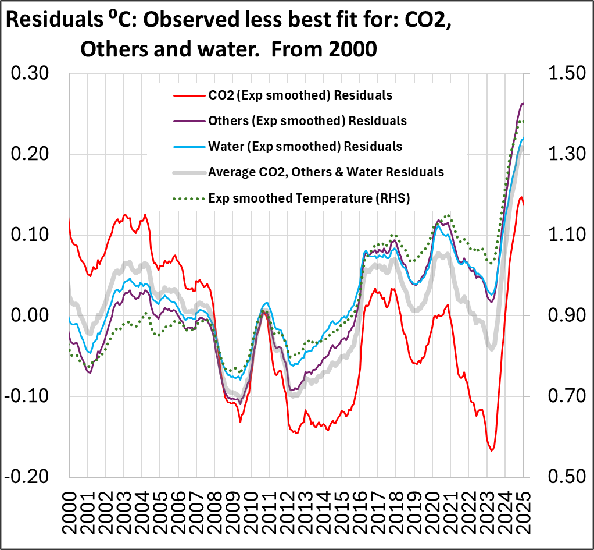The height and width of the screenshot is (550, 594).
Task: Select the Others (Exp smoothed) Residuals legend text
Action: pos(307,120)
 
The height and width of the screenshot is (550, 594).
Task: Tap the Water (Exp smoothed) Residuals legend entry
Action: pos(305,146)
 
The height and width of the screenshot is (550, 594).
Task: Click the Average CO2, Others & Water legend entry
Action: pos(326,172)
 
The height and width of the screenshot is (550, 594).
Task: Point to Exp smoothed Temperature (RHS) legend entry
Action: pos(310,198)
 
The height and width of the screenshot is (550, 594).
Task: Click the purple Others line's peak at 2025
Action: pos(522,104)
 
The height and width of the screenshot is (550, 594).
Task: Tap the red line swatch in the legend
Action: pos(188,95)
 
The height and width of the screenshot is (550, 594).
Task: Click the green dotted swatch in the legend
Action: pos(188,198)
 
